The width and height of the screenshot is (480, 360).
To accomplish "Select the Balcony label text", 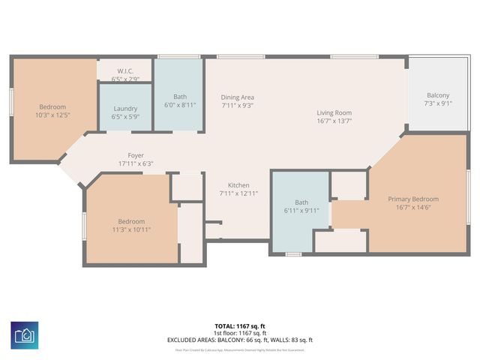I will (438, 95).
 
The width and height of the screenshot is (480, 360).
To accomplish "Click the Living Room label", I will (334, 112).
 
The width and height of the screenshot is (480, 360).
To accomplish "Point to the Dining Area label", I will (237, 97).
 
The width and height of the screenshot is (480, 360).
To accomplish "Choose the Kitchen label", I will (238, 185).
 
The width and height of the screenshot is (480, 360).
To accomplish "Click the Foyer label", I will (135, 155).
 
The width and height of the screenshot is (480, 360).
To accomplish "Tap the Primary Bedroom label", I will (412, 199).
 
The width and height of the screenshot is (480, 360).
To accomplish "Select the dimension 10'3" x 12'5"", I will (52, 115).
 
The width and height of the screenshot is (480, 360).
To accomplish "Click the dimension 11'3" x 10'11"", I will (131, 229).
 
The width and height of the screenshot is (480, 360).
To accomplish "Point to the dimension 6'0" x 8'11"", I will (180, 105).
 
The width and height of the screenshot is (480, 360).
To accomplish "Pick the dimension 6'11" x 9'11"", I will (301, 211).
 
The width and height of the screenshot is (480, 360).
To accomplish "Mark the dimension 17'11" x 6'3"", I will (135, 163).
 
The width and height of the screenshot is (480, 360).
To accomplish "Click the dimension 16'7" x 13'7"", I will (334, 121).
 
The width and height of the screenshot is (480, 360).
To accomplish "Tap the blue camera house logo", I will (25, 333).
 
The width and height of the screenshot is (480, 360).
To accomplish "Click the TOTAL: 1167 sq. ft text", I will (240, 326).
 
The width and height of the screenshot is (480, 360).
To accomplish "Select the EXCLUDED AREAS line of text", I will (240, 340).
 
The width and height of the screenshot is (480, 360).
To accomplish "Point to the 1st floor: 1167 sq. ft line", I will (240, 333).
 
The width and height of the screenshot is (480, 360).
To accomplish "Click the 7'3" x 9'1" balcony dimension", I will (438, 103).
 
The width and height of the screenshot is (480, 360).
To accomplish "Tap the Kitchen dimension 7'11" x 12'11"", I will (238, 193).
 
